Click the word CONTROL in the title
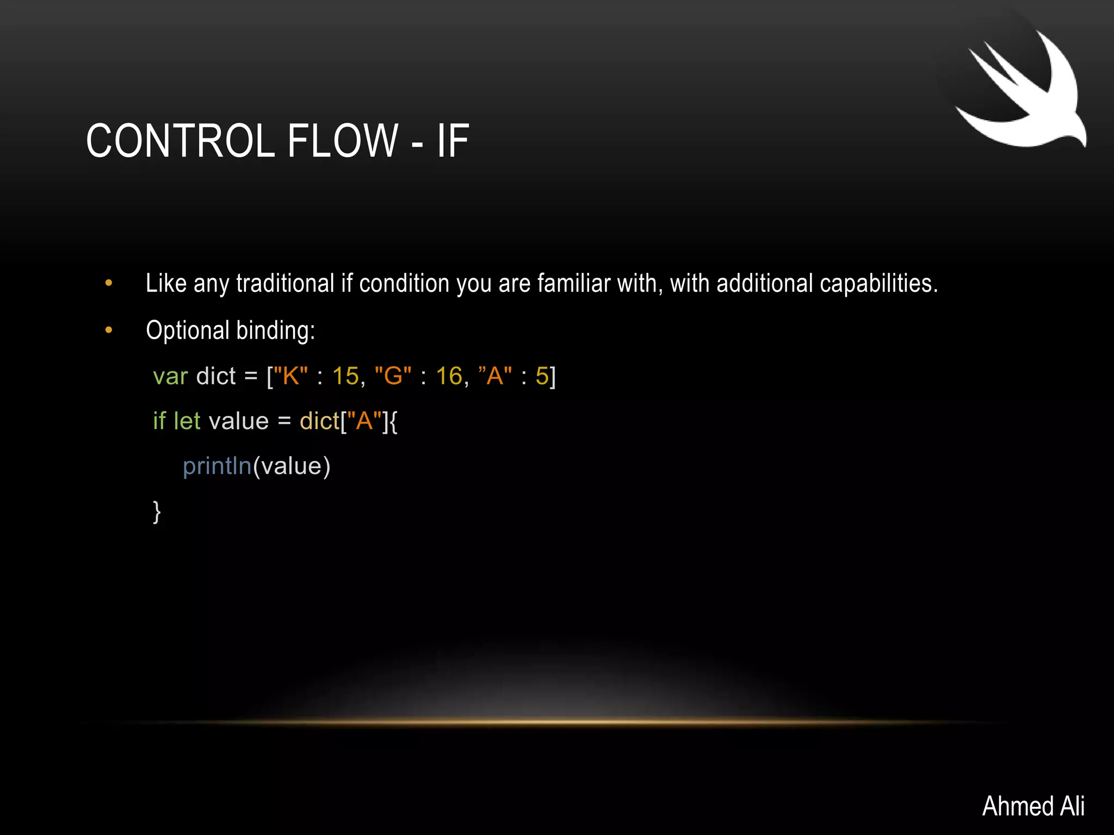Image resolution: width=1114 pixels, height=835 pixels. pos(180,141)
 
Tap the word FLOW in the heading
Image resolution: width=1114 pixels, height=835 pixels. pos(343,141)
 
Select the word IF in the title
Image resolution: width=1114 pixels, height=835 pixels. pos(453,141)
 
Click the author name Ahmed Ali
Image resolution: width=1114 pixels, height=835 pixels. pos(1033,806)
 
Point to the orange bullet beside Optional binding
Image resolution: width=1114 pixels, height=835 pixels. pos(109,330)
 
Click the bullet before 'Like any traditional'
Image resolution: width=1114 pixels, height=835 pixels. pos(109,283)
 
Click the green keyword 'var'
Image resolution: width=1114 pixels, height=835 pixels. pos(170,376)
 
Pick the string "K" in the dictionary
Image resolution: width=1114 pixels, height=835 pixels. pos(290,376)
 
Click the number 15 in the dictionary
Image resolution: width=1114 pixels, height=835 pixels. pos(345,376)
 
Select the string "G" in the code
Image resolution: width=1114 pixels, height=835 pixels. pos(393,376)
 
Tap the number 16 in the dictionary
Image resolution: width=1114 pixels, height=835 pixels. pos(449,376)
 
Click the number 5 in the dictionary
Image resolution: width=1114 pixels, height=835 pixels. pos(542,376)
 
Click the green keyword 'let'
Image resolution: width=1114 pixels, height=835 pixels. pos(187,421)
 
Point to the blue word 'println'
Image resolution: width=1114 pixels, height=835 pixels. pos(217,466)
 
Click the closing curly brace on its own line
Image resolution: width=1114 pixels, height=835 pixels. pos(157,512)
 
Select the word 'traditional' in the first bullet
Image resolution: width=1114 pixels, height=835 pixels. pos(285,284)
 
